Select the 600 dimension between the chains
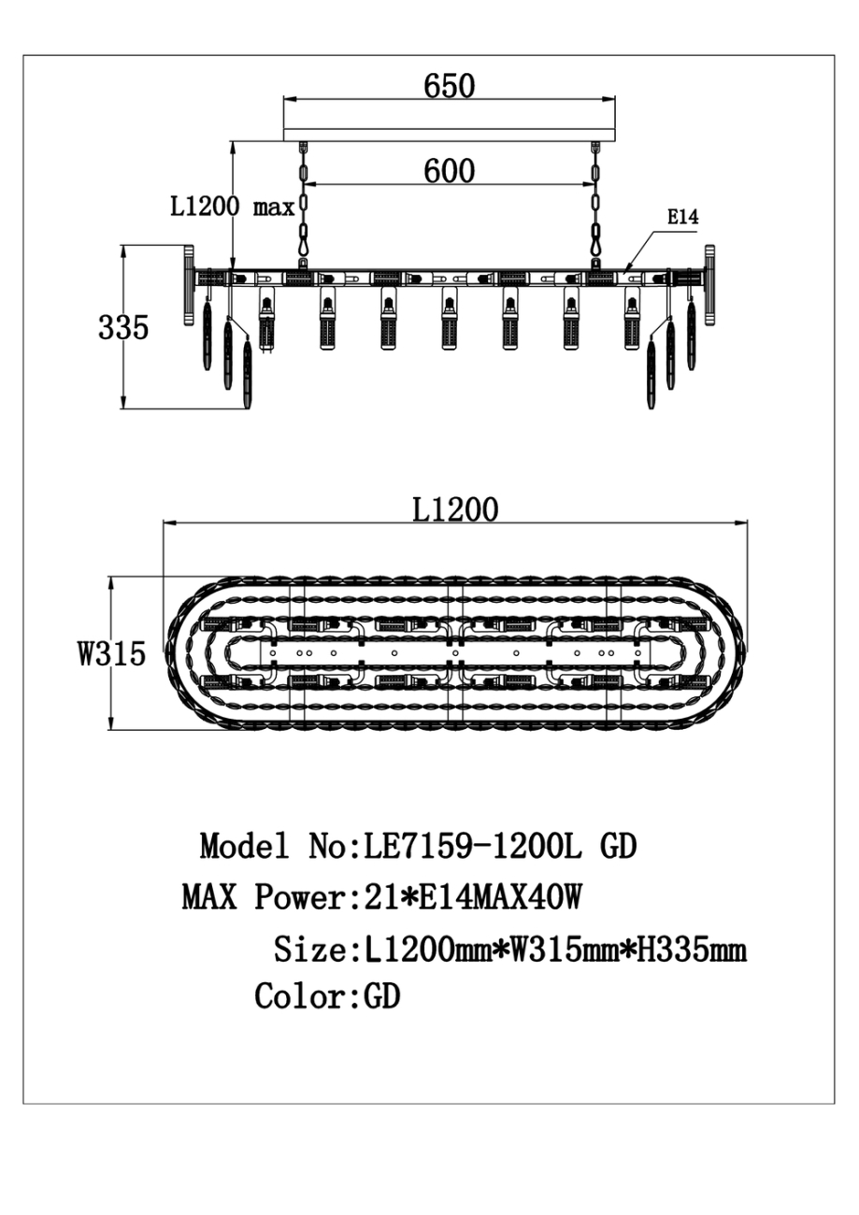point(449,170)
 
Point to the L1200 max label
point(232,206)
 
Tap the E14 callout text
point(682,218)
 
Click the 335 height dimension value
point(123,328)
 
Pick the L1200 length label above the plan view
point(455,509)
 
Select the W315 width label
point(111,653)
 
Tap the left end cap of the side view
point(187,285)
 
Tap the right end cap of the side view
point(710,285)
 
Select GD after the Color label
point(381,996)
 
